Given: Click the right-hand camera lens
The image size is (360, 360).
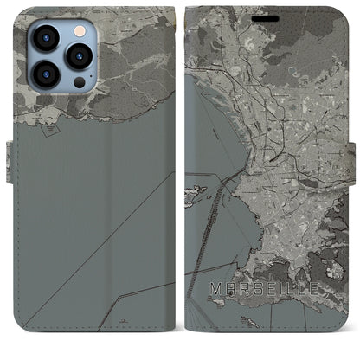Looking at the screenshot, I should click(79, 56).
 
